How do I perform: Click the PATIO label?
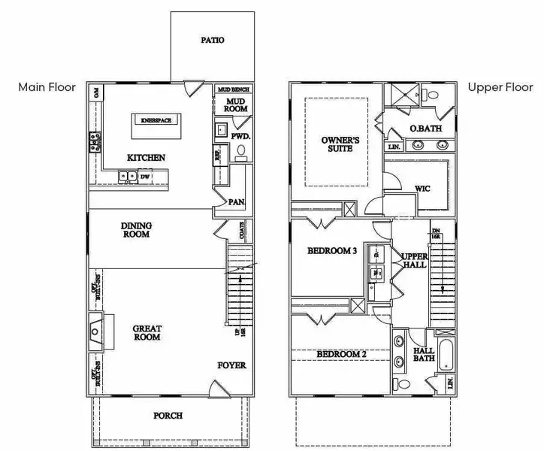(x=213, y=40)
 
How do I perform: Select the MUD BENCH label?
(x=234, y=89)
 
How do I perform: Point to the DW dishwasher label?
(x=145, y=177)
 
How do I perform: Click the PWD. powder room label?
(x=240, y=138)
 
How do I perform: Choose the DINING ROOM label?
(x=137, y=230)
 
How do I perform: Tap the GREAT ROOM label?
(x=147, y=333)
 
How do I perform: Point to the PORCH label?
(x=168, y=416)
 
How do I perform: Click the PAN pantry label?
(x=236, y=201)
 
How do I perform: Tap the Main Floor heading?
(x=47, y=87)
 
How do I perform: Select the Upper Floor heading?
(x=495, y=87)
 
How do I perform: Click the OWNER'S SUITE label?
(x=336, y=144)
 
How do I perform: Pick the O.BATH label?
(x=425, y=129)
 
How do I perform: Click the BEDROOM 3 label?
(x=332, y=251)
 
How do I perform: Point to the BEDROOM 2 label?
(x=341, y=354)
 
